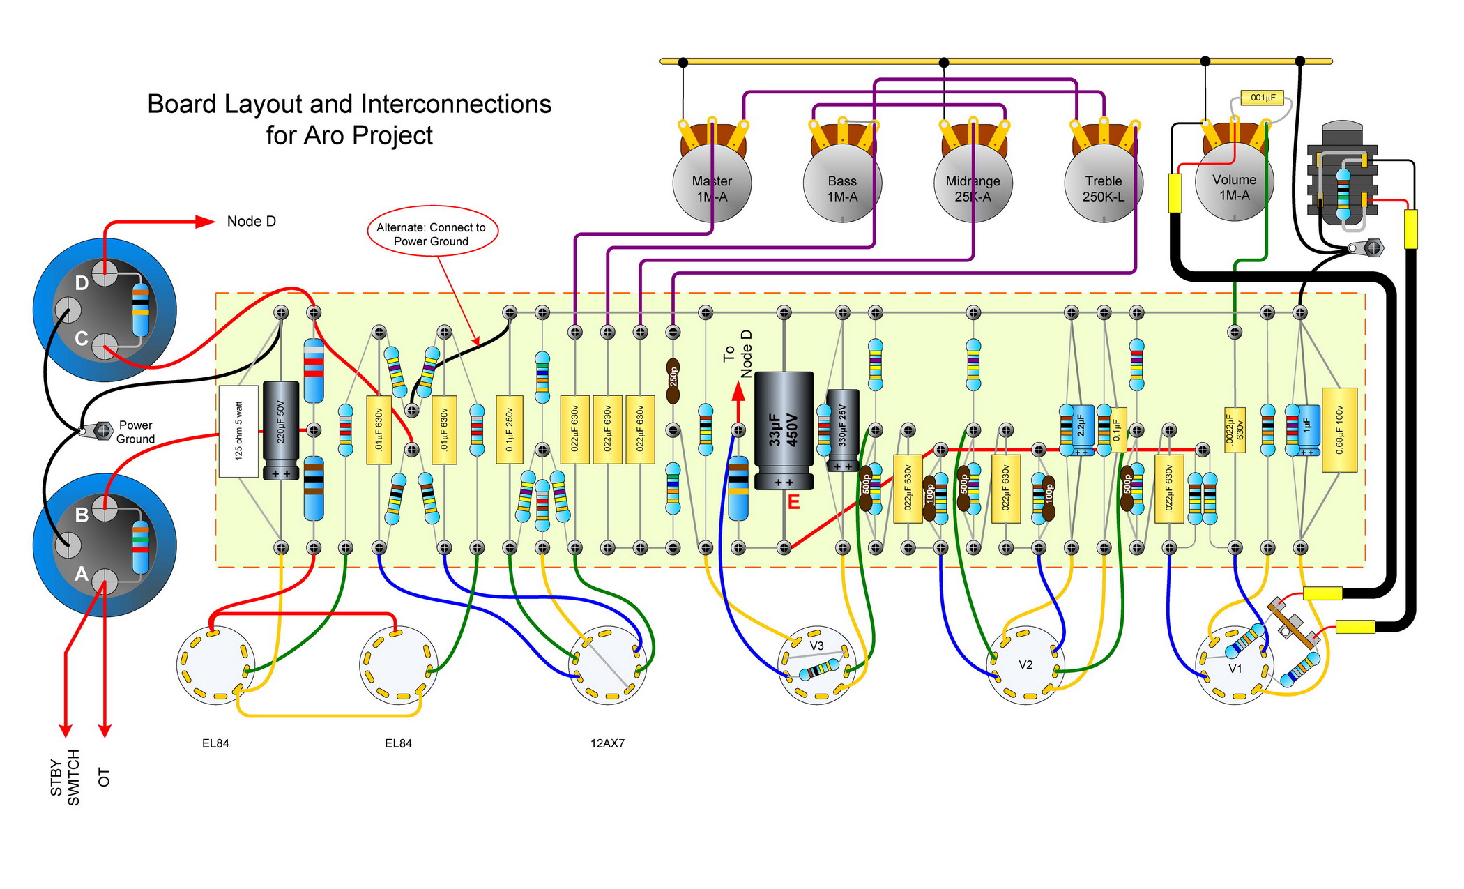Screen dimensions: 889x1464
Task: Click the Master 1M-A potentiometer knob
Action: tap(712, 183)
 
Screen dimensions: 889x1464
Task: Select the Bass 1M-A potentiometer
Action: tap(842, 183)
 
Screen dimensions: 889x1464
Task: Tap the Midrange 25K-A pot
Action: tap(973, 183)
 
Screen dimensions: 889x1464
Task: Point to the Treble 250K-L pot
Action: tap(1103, 183)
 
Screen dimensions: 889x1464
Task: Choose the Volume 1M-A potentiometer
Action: tap(1234, 181)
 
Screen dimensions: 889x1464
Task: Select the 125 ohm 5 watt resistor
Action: tap(238, 431)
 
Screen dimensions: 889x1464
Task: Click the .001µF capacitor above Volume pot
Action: tap(1262, 98)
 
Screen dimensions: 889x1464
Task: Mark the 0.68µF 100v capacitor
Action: tap(1339, 430)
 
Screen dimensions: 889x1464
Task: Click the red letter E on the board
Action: tap(793, 503)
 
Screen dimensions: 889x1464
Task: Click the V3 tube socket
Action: tap(816, 664)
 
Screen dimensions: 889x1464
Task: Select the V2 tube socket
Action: tap(1025, 664)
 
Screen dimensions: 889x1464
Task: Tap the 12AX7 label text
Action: tap(607, 743)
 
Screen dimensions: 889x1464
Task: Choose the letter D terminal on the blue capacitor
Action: tap(82, 283)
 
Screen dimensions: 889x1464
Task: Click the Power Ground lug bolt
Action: tap(102, 430)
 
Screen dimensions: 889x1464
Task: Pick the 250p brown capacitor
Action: tap(673, 380)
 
